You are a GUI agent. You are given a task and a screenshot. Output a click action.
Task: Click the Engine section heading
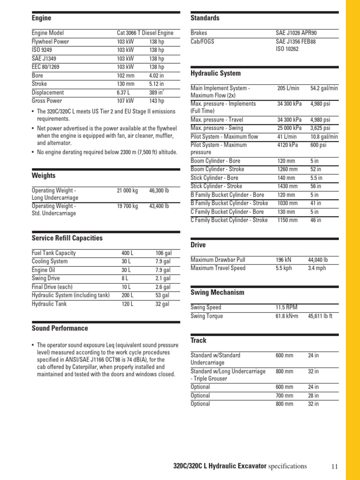point(41,18)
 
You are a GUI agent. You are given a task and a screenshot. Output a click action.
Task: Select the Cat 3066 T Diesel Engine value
point(145,33)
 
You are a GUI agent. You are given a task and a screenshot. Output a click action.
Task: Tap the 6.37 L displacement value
point(124,92)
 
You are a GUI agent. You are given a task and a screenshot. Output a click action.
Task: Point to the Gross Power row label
point(46,101)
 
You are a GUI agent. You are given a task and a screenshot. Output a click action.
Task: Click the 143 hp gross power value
point(157,101)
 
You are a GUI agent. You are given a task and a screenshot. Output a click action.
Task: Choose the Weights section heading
point(43,176)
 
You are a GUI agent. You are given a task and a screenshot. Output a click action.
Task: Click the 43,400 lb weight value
point(159,206)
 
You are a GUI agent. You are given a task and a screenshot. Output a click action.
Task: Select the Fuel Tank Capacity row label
point(53,253)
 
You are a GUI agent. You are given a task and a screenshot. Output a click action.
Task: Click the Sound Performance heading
point(60,328)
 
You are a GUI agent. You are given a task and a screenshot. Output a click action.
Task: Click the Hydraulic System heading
point(216,74)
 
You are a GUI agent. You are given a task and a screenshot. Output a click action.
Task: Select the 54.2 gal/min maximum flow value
point(324,88)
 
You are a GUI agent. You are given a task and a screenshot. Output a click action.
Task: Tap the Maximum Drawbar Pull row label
point(217,260)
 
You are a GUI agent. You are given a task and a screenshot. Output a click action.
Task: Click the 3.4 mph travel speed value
point(317,268)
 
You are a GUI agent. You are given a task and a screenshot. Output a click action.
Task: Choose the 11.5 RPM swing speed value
point(286,307)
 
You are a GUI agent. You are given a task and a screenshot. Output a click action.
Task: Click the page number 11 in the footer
point(334,466)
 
